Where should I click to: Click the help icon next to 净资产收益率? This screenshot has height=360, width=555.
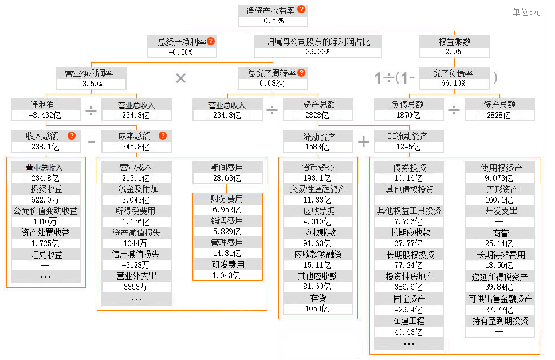pyautogui.click(x=301, y=10)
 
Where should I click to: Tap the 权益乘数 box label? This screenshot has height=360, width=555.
pyautogui.click(x=454, y=42)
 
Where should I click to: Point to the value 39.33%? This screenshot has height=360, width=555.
pyautogui.click(x=318, y=52)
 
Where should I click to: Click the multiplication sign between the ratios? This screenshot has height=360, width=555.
pyautogui.click(x=180, y=78)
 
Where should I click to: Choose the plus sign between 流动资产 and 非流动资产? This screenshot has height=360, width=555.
pyautogui.click(x=364, y=141)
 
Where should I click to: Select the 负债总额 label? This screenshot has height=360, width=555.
pyautogui.click(x=408, y=105)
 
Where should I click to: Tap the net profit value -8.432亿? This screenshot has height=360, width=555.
pyautogui.click(x=46, y=115)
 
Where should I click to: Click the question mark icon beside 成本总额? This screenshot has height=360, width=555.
pyautogui.click(x=163, y=136)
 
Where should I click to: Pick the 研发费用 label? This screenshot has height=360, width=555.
pyautogui.click(x=227, y=264)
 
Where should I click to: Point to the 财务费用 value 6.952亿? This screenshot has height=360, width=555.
pyautogui.click(x=227, y=210)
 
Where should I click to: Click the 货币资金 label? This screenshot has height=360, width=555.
pyautogui.click(x=318, y=168)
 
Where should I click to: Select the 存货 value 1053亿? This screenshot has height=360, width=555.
pyautogui.click(x=318, y=308)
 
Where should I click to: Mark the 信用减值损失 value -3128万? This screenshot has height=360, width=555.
pyautogui.click(x=136, y=265)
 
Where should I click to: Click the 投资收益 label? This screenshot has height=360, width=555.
pyautogui.click(x=46, y=189)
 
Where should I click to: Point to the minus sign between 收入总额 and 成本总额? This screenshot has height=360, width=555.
pyautogui.click(x=91, y=141)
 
